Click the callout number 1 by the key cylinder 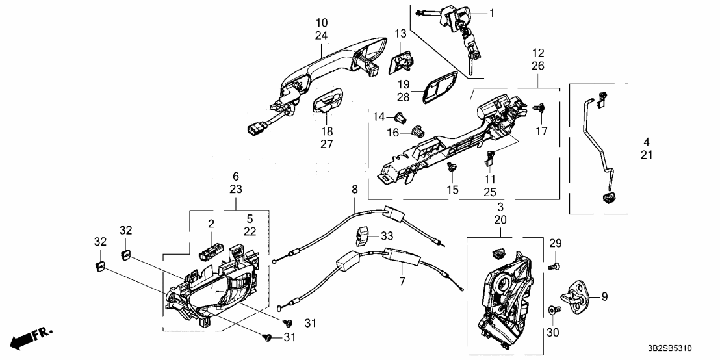click(x=492, y=13)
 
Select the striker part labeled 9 click(x=576, y=297)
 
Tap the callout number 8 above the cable click(x=354, y=190)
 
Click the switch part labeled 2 click(x=211, y=248)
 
